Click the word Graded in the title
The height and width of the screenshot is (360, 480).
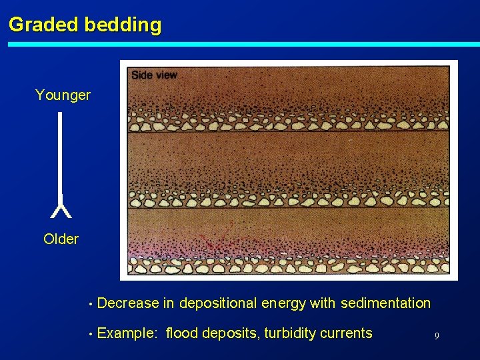tap(44, 25)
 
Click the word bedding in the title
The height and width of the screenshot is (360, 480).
tap(123, 25)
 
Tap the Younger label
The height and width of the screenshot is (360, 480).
tap(63, 95)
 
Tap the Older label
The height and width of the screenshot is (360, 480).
tap(61, 239)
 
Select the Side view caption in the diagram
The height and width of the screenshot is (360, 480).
tap(154, 75)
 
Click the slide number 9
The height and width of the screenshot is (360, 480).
tap(437, 336)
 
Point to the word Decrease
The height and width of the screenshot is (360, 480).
tap(128, 303)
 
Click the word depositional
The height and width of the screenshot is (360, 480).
tap(218, 303)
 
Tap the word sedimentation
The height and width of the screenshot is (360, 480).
tap(385, 303)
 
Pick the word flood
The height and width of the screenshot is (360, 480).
tap(182, 333)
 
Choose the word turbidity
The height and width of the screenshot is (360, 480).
tap(289, 333)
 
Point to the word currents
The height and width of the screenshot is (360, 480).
tap(345, 333)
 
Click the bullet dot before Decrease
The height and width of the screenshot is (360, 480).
tap(89, 305)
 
